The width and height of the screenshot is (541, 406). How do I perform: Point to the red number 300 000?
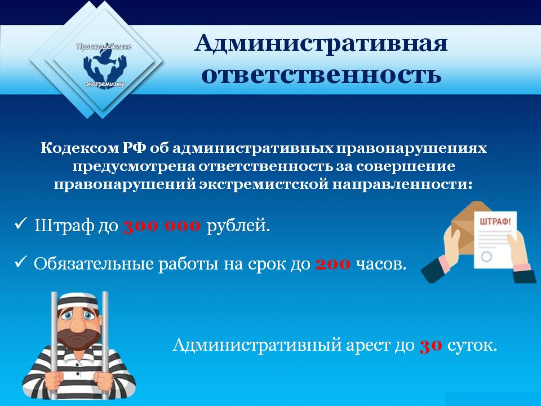(162, 226)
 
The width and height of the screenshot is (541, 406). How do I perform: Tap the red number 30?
(431, 345)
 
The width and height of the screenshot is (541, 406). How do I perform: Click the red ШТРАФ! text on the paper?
(495, 221)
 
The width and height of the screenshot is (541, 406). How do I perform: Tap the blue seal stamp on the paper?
(487, 257)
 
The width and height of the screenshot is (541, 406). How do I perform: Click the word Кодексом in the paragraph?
(80, 148)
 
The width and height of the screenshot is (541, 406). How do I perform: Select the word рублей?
(238, 227)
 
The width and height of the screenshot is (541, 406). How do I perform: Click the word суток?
(472, 345)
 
